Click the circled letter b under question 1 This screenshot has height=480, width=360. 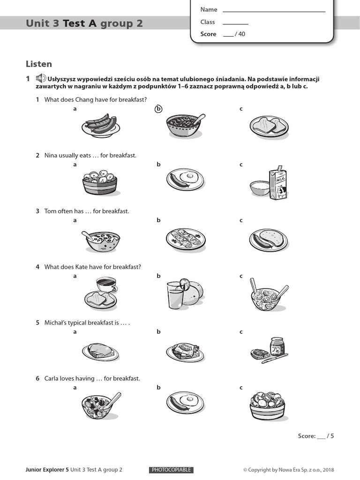(158, 109)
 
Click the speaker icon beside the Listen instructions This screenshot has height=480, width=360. (41, 79)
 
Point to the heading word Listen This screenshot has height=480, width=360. (39, 64)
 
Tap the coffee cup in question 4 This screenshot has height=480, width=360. (105, 284)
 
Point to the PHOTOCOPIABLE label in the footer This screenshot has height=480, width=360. (172, 470)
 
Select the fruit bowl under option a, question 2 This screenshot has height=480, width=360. (99, 182)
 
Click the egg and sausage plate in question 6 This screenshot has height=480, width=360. (185, 403)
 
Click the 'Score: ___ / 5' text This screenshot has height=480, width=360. (316, 436)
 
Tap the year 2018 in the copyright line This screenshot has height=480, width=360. (328, 470)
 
